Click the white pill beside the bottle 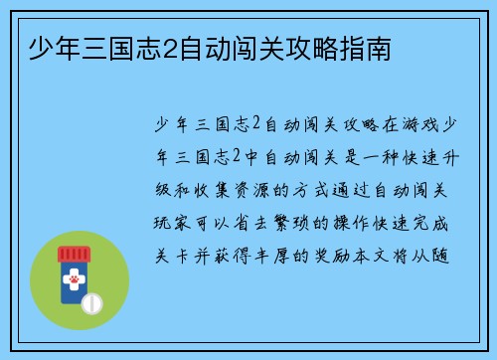coord(94,301)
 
